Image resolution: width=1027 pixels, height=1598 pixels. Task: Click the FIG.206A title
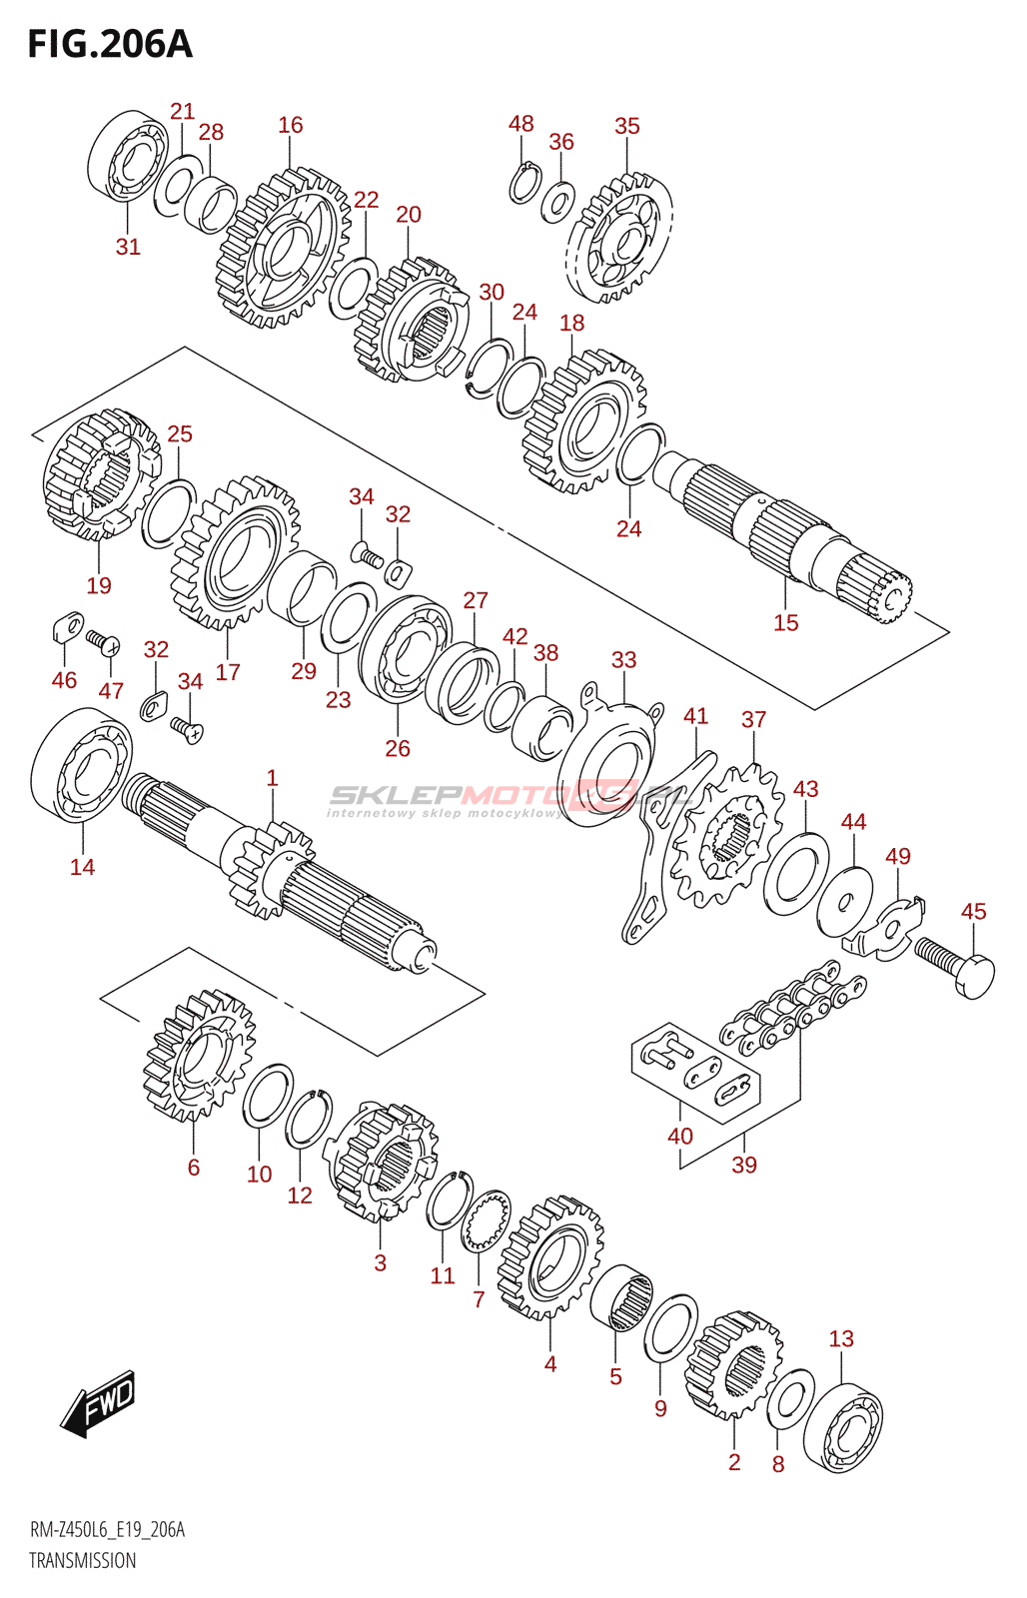(x=110, y=44)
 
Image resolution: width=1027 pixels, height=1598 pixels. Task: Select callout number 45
(x=973, y=911)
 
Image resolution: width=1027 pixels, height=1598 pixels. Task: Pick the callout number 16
(x=290, y=125)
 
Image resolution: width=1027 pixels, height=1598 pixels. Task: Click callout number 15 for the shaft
(x=786, y=622)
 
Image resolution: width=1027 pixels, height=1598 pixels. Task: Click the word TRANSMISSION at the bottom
(x=82, y=1560)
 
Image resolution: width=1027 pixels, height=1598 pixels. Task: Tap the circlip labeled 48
(x=524, y=183)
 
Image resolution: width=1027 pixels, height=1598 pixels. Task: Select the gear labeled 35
(x=619, y=240)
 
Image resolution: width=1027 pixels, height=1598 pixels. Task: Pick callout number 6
(x=193, y=1167)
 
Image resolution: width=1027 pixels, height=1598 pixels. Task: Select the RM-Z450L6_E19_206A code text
(x=107, y=1530)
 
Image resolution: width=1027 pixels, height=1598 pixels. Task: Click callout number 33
(x=623, y=660)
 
